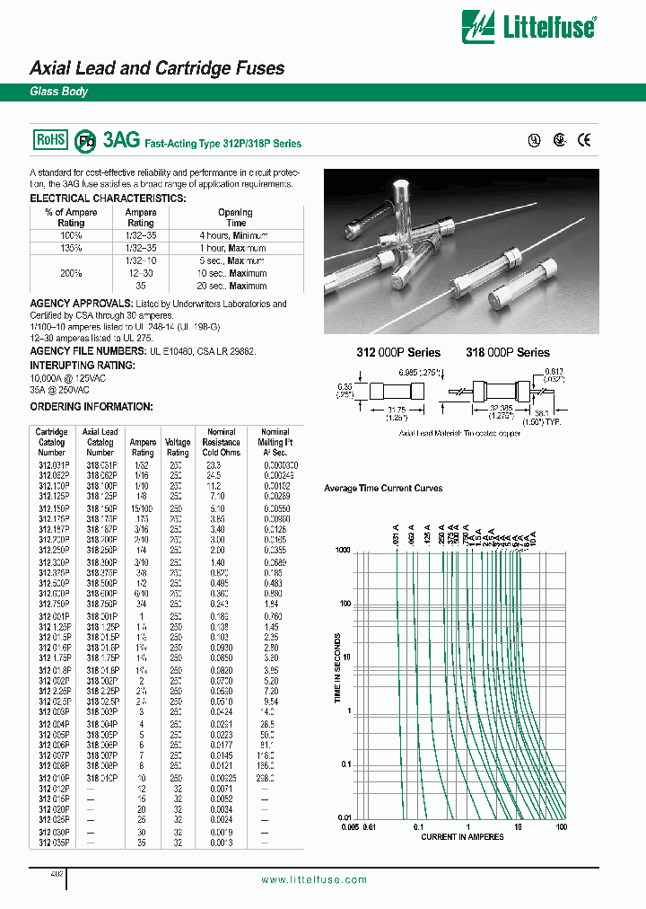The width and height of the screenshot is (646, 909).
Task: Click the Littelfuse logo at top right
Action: (x=528, y=26)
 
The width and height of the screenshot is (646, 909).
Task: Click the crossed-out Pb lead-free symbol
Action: (x=85, y=141)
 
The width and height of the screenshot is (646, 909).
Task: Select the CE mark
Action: (x=584, y=140)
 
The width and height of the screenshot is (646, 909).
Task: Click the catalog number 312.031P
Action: (x=52, y=465)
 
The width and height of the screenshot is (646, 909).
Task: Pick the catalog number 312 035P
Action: (x=52, y=844)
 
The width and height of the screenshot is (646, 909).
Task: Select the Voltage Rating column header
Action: (x=178, y=447)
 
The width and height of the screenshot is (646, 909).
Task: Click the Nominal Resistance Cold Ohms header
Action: (x=221, y=442)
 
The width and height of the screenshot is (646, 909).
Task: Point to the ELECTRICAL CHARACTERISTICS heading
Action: (x=108, y=199)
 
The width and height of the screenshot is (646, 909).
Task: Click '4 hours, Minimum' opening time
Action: (x=235, y=235)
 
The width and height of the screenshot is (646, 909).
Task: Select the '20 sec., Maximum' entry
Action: (x=235, y=286)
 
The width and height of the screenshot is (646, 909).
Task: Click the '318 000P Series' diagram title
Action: (x=507, y=352)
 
